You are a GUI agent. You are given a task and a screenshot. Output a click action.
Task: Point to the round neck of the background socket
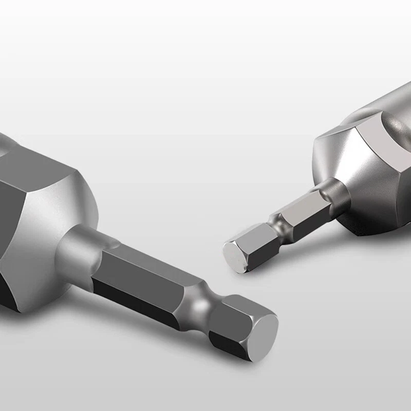[329, 193]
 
